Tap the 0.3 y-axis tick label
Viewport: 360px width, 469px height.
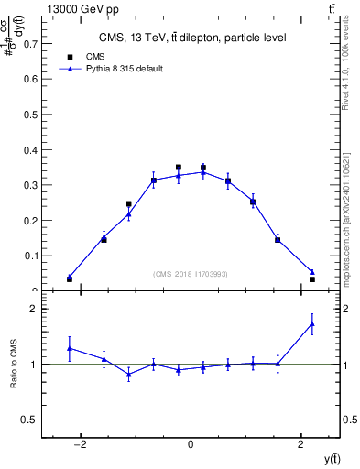[x=32, y=185]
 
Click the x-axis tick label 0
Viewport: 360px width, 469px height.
[x=191, y=444]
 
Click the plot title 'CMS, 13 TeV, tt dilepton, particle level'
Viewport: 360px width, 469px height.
[x=192, y=38]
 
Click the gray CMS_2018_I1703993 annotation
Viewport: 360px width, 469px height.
[x=191, y=274]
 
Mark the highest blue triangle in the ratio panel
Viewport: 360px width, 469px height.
[x=312, y=323]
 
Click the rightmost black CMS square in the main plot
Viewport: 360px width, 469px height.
[x=312, y=278]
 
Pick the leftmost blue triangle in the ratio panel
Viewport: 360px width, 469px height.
[x=70, y=348]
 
